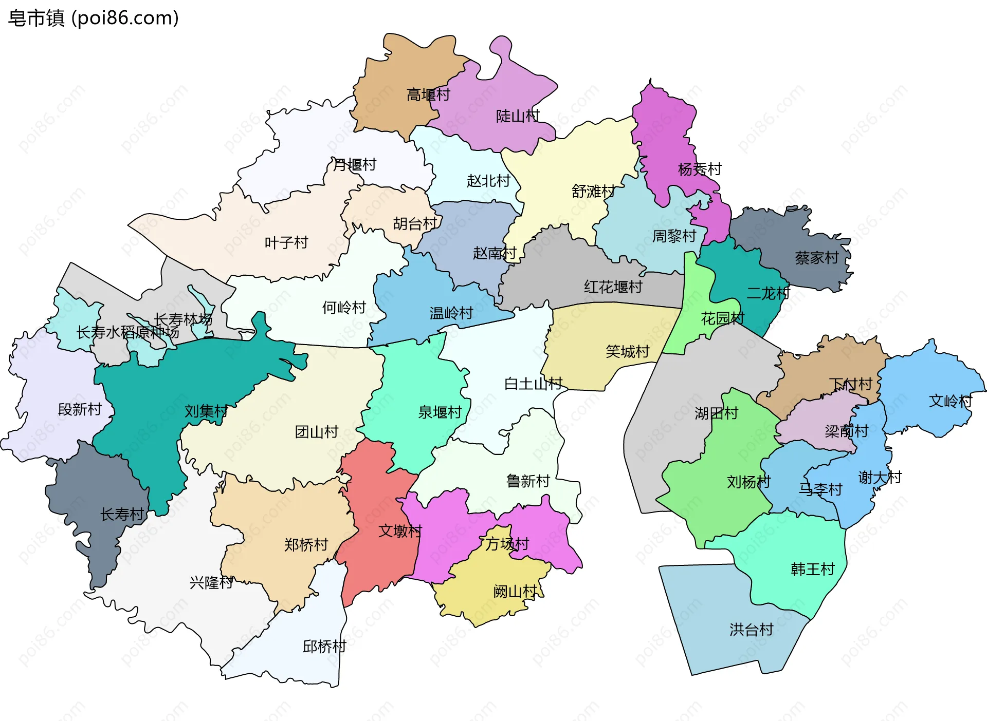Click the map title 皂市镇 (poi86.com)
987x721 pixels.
(x=94, y=18)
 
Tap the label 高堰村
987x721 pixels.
(x=428, y=94)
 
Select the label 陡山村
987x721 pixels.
(x=517, y=116)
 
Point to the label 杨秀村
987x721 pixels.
(x=699, y=169)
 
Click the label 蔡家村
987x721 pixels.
(x=816, y=258)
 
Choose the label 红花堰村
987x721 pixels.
(x=613, y=287)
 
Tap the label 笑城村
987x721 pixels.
(x=627, y=351)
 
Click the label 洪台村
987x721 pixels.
(x=751, y=630)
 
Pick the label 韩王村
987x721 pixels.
(x=812, y=569)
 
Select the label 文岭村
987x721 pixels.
(x=950, y=401)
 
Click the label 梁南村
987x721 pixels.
(x=846, y=431)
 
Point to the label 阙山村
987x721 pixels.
(x=515, y=592)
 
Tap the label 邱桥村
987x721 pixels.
(x=324, y=646)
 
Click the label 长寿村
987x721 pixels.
(x=122, y=514)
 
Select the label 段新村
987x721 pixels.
(x=80, y=409)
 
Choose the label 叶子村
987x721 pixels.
(x=286, y=242)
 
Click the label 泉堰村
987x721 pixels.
(x=440, y=412)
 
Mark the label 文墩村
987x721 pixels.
(x=400, y=530)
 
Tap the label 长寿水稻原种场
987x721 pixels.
(x=127, y=332)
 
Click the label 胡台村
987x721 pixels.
(x=414, y=223)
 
